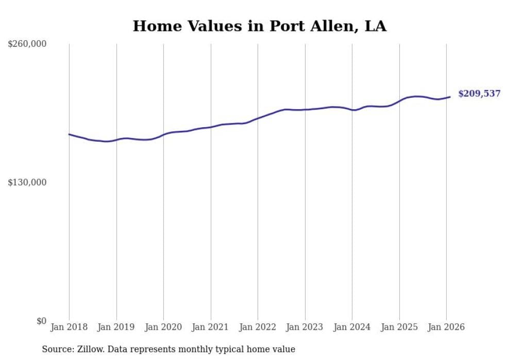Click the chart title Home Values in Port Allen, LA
[x=259, y=26]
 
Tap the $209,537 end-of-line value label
[x=479, y=94]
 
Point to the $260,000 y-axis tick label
[x=27, y=44]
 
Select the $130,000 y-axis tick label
[x=27, y=183]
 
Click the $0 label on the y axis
[x=41, y=321]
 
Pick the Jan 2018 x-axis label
[x=69, y=327]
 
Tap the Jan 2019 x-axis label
[x=116, y=327]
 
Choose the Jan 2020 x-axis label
[x=163, y=327]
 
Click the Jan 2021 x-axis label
[x=211, y=327]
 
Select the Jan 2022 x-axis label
[x=258, y=327]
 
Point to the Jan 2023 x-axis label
[x=305, y=327]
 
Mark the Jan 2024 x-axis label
[x=352, y=327]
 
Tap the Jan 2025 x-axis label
[x=399, y=327]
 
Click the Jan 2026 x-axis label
[x=446, y=327]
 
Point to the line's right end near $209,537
[x=450, y=97]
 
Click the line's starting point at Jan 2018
[x=69, y=134]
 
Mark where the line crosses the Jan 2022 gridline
[x=258, y=118]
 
